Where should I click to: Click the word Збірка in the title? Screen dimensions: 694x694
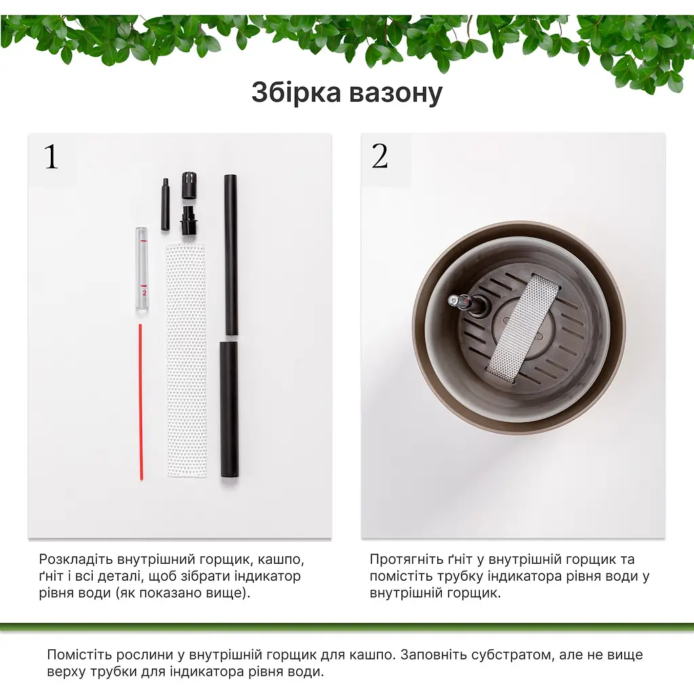click(x=296, y=92)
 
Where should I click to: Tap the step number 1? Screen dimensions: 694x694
click(x=52, y=157)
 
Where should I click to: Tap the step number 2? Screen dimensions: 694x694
click(x=380, y=157)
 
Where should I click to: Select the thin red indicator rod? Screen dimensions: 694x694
click(x=141, y=402)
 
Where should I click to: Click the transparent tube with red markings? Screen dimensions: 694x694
click(x=142, y=270)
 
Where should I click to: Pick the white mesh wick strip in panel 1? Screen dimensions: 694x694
click(x=186, y=361)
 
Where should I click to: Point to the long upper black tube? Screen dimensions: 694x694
click(x=230, y=255)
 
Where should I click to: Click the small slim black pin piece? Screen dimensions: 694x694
click(x=165, y=204)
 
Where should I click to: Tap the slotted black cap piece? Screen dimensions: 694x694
click(x=190, y=185)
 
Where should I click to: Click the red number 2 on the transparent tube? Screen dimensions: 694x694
click(x=144, y=293)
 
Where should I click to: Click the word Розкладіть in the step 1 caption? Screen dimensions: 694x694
click(x=76, y=560)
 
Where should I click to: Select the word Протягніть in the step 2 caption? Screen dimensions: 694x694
click(x=407, y=560)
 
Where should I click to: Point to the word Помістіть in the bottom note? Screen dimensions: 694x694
click(x=81, y=655)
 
